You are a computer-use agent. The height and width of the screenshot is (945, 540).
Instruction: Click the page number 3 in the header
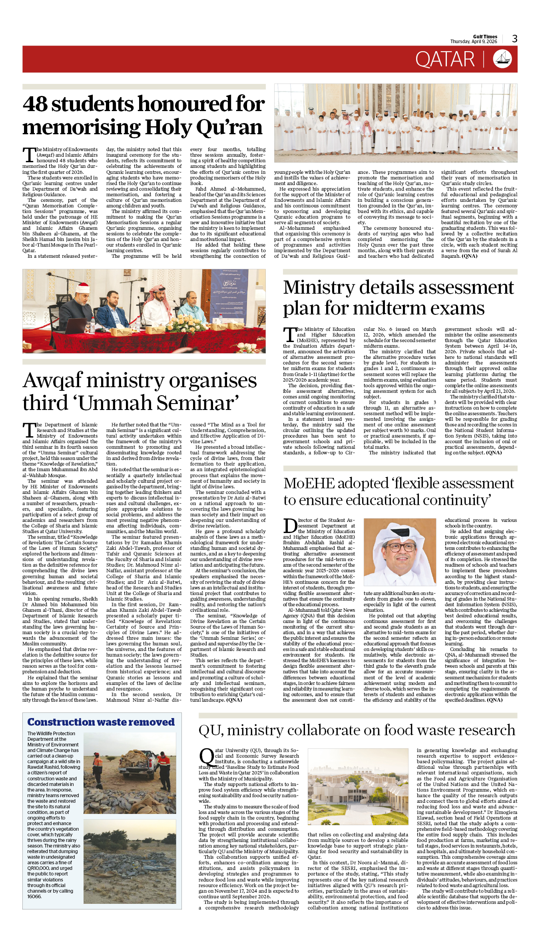click(514, 38)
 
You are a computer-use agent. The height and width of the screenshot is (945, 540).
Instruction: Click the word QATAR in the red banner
click(444, 60)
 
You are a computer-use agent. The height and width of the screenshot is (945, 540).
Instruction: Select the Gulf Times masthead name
click(485, 36)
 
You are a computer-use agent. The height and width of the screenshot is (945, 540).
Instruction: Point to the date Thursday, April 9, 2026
click(473, 42)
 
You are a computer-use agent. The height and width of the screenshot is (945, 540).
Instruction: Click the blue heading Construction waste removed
click(101, 722)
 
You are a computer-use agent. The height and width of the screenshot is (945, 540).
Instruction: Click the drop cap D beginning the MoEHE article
click(290, 526)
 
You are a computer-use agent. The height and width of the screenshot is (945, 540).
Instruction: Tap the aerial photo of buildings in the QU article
click(358, 795)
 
